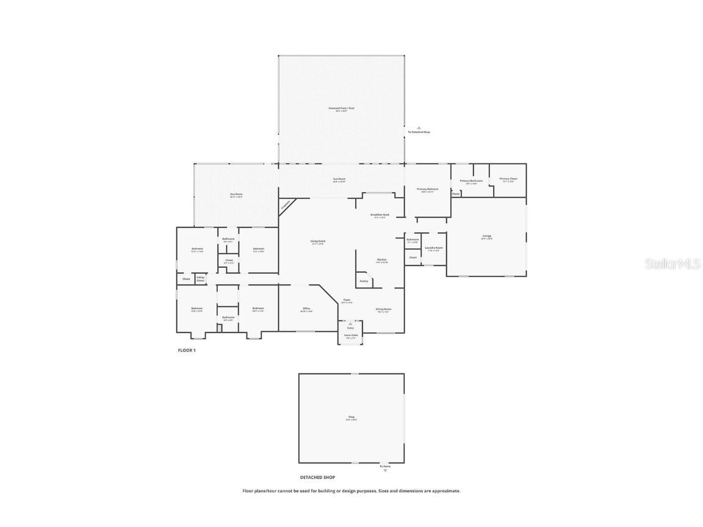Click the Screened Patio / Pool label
(341, 109)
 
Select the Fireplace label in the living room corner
(286, 206)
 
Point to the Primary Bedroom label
(427, 190)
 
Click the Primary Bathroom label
(471, 182)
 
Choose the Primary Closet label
(508, 179)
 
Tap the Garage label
(486, 237)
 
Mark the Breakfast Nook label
(379, 216)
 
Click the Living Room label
(317, 242)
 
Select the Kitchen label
(381, 260)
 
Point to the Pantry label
(364, 281)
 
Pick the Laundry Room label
(434, 249)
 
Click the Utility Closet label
(200, 279)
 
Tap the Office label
(306, 309)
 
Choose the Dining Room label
(383, 310)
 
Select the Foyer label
(347, 301)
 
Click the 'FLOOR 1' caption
(187, 351)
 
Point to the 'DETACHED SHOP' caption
(317, 478)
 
